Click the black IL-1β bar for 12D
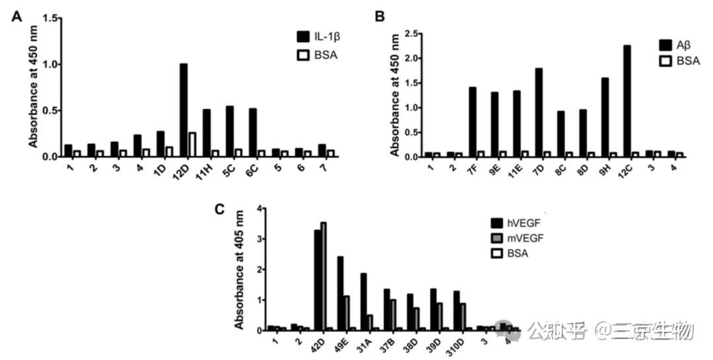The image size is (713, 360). pyautogui.click(x=184, y=110)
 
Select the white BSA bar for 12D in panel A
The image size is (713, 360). pyautogui.click(x=192, y=145)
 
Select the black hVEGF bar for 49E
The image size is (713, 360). pyautogui.click(x=340, y=293)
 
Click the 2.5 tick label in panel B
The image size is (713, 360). pyautogui.click(x=412, y=33)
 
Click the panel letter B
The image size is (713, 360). pyautogui.click(x=380, y=15)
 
